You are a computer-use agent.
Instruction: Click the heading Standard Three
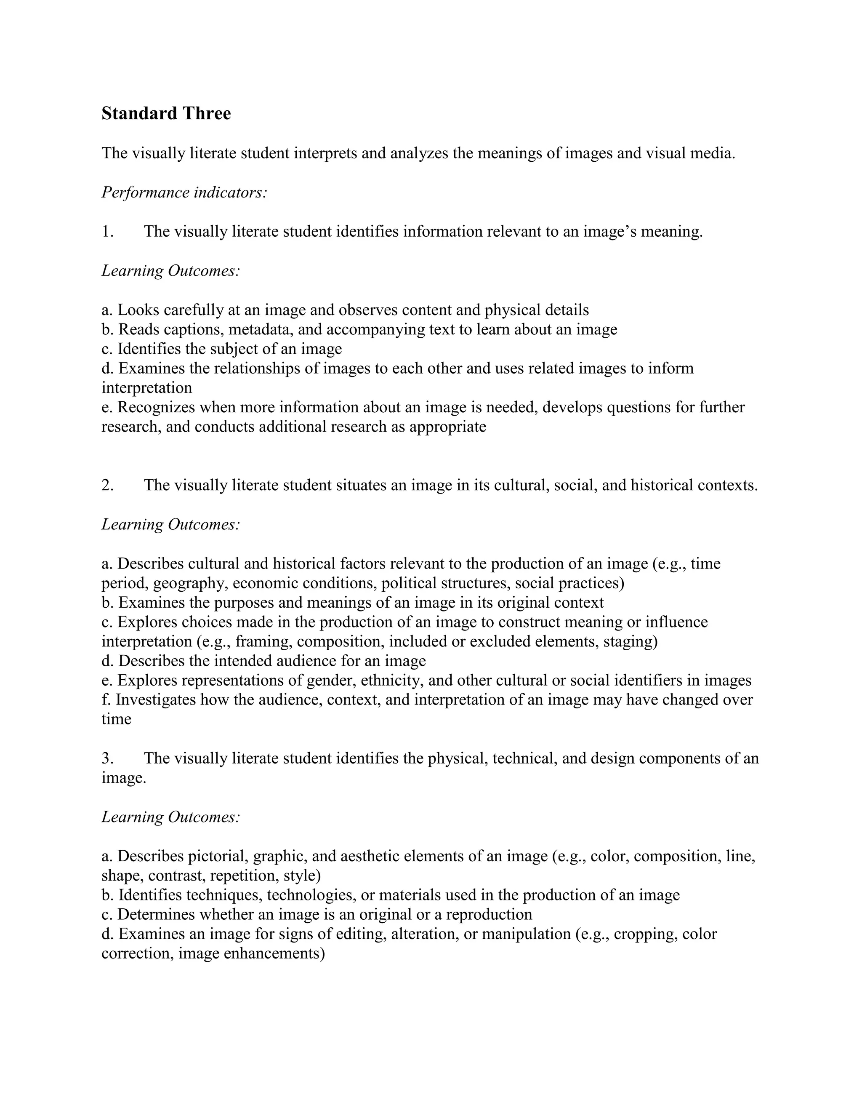[x=166, y=113]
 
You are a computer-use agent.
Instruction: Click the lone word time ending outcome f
[x=117, y=719]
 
